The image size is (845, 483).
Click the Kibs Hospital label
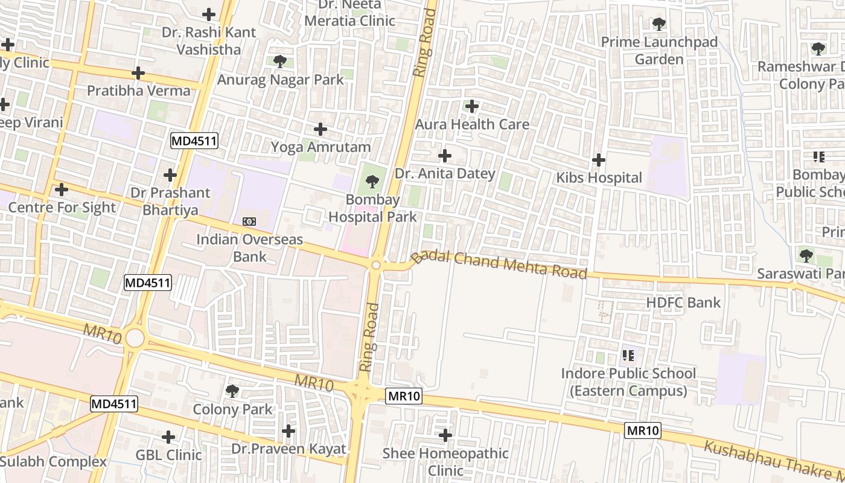[599, 178]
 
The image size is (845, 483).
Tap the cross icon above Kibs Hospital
[599, 160]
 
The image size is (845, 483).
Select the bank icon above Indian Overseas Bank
[249, 222]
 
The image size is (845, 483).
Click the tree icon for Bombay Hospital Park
[372, 181]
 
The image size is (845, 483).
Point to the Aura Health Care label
[472, 124]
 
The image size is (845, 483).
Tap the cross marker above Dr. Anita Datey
[445, 156]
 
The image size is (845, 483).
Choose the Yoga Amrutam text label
[320, 147]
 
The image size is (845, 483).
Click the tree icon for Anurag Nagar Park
[279, 61]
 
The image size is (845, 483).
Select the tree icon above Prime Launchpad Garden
[659, 24]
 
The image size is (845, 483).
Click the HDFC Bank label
[683, 302]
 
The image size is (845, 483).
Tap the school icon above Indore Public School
[628, 355]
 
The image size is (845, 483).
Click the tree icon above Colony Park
[232, 391]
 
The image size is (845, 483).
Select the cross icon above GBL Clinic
[168, 437]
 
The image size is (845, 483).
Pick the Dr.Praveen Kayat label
[289, 449]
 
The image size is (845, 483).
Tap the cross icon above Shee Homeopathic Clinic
[445, 435]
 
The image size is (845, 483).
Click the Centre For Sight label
[62, 207]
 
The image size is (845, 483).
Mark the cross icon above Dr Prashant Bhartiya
[170, 175]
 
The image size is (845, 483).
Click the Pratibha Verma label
[138, 91]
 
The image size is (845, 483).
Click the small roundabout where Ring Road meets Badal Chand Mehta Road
[376, 265]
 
